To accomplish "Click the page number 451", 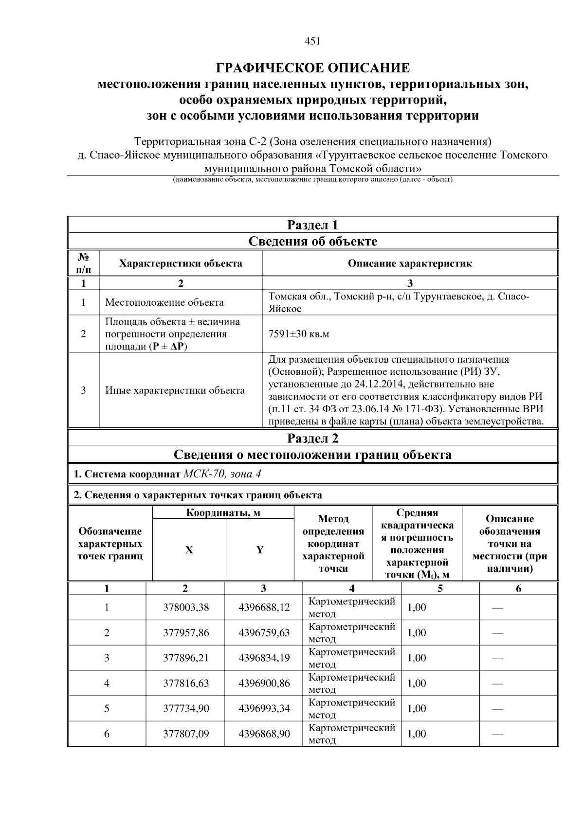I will (x=312, y=41).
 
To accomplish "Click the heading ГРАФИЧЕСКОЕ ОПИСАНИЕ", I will (x=312, y=68).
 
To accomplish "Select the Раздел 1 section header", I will (x=312, y=225).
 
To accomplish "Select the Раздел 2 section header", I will (x=312, y=439).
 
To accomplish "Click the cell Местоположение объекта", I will (x=164, y=302).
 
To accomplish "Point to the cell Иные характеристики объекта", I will (x=175, y=390).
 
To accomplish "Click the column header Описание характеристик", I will (x=409, y=263).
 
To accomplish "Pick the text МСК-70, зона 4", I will (x=225, y=474).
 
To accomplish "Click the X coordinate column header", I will (x=189, y=550).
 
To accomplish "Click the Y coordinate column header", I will (x=260, y=550).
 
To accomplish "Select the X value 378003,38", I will (x=185, y=607).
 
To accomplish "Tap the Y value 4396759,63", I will (x=264, y=632).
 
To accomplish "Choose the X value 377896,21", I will (x=185, y=658).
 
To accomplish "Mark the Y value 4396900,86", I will (x=264, y=683).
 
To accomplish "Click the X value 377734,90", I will (x=185, y=708).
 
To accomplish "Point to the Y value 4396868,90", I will (x=264, y=734).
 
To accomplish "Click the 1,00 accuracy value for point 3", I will (x=417, y=658).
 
